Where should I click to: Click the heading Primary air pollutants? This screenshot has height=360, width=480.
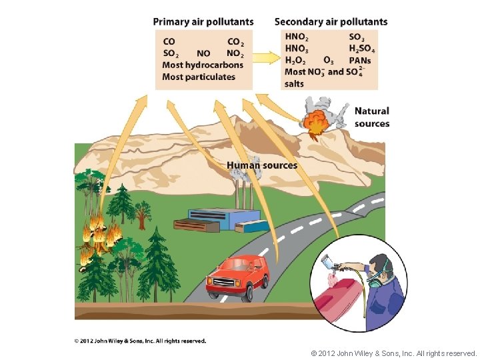point(203,21)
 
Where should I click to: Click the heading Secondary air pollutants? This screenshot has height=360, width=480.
point(331,21)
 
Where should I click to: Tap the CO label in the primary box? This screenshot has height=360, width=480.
point(169,42)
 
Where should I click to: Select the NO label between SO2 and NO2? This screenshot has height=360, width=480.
point(203,53)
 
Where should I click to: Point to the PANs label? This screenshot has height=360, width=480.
point(359,61)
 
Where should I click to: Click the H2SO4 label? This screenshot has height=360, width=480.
point(361,49)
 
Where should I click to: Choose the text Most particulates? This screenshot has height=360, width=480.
point(199,77)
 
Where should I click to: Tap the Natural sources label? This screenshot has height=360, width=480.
point(371,117)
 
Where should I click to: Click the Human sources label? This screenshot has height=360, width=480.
point(262,165)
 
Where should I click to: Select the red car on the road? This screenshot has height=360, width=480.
point(238,277)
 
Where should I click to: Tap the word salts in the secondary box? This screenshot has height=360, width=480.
point(294,83)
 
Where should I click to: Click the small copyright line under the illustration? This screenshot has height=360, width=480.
point(140,341)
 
